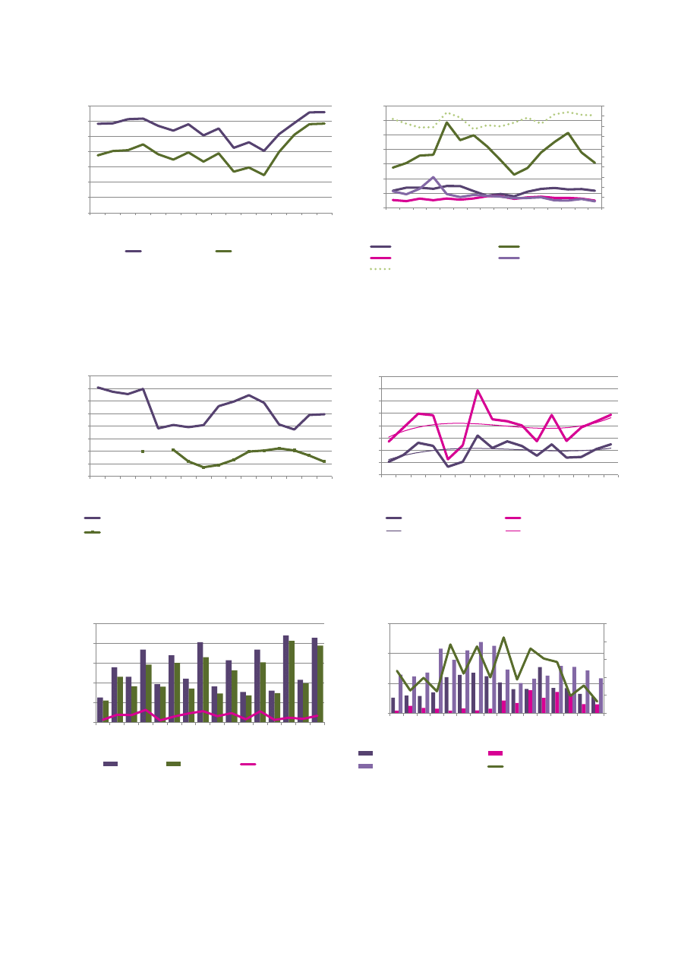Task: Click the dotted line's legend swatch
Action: (380, 269)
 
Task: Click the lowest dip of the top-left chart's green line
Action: (264, 175)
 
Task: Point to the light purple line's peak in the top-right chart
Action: (433, 177)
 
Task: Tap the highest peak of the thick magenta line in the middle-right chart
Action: (478, 391)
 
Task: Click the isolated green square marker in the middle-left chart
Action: (143, 451)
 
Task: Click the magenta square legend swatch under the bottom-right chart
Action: (495, 753)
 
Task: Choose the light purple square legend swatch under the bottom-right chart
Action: (365, 766)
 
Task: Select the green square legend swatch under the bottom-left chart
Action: (174, 763)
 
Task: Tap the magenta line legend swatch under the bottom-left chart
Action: (248, 763)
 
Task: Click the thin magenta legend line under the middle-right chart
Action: (513, 530)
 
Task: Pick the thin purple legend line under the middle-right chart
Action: (393, 530)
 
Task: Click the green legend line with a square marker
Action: (93, 532)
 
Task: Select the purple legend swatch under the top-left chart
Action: (134, 251)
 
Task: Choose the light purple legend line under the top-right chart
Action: (509, 258)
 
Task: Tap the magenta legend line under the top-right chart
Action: (380, 258)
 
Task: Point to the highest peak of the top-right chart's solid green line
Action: (447, 122)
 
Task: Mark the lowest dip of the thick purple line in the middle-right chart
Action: (448, 467)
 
